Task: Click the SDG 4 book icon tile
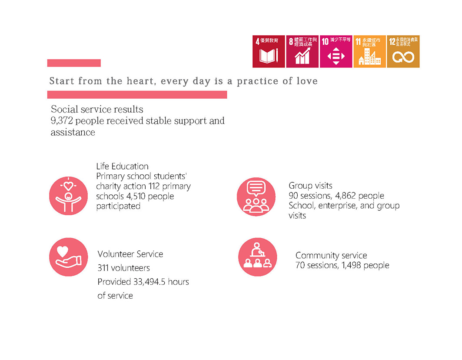tap(269, 52)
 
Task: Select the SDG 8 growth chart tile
tap(302, 52)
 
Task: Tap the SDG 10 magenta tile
tap(336, 52)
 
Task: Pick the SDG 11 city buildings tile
tap(369, 52)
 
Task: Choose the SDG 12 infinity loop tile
tap(403, 52)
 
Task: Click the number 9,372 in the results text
tap(62, 121)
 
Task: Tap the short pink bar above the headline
tap(74, 63)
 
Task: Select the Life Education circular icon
tap(68, 196)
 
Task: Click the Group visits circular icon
tap(256, 197)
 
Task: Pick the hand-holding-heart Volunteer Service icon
tap(68, 257)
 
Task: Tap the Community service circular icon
tap(258, 257)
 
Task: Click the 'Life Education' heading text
tap(122, 166)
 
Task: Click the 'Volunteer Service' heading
tap(130, 254)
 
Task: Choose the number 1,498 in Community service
tap(351, 265)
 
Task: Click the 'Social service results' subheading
tap(97, 110)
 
